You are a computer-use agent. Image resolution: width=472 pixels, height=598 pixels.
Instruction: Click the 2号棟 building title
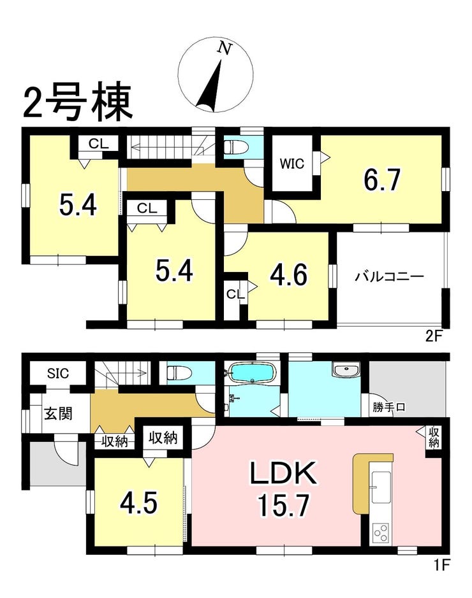point(78,101)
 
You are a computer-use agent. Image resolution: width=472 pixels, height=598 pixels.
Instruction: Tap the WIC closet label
point(291,164)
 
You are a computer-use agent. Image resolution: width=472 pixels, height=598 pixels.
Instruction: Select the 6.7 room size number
point(381,180)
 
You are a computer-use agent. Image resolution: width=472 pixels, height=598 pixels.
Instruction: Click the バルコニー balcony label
point(389,276)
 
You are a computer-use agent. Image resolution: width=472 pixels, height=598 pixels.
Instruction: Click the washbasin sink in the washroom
point(346,369)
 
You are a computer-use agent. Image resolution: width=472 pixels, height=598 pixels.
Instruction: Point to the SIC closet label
point(58,373)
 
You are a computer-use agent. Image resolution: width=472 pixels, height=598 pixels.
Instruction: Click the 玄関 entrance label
point(58,413)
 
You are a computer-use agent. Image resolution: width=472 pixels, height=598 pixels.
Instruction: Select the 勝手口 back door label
point(388,408)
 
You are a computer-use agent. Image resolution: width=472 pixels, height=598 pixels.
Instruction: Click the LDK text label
point(283,473)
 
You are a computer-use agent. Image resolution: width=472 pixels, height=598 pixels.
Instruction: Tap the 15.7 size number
point(283,505)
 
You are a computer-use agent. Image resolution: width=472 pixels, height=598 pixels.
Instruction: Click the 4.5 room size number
point(138,503)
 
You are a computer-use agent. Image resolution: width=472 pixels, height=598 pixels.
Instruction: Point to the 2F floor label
point(434,336)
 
